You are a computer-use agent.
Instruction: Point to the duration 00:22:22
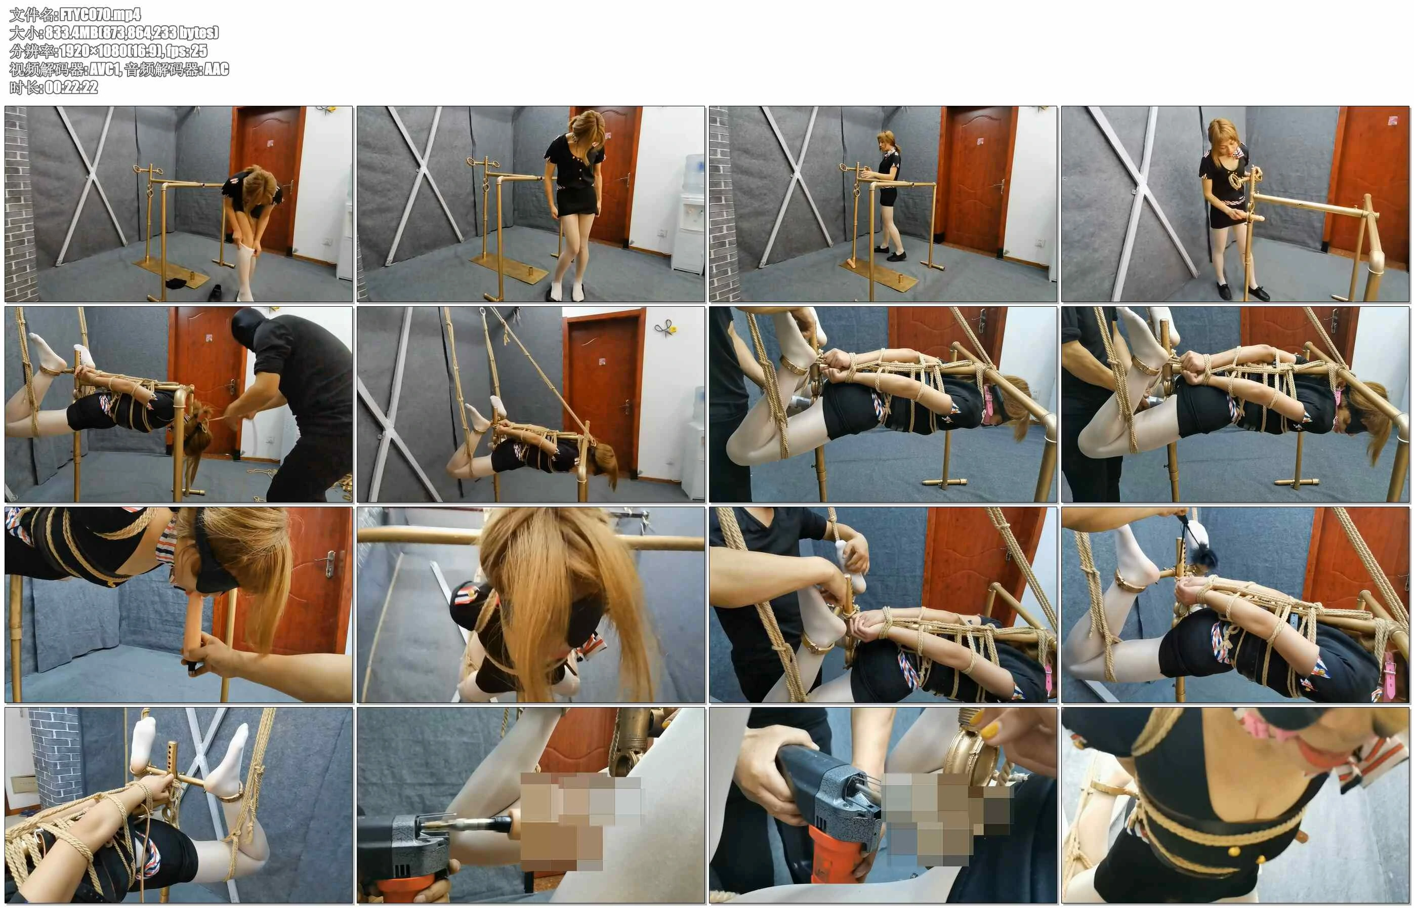pos(71,87)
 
